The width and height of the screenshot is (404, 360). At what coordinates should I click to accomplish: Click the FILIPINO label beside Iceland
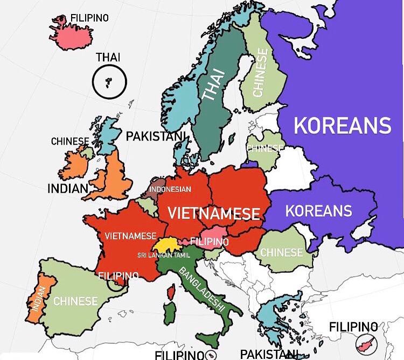[89, 18]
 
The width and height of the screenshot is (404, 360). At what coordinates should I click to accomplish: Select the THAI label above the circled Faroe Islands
[108, 57]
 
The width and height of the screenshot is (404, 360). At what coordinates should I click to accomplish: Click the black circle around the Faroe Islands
[109, 82]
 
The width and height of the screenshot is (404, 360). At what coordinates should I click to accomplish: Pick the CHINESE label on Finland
[260, 73]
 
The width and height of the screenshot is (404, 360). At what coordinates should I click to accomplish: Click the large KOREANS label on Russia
[342, 125]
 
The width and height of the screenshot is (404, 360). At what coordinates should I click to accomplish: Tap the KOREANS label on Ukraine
[318, 210]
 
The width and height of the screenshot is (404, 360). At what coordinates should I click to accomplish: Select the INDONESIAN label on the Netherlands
[170, 189]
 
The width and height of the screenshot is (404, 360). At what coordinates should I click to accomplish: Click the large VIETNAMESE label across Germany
[214, 213]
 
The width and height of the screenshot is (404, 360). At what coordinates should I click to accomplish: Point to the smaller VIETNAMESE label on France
[131, 236]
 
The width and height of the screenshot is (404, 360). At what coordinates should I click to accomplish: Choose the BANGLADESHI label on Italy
[201, 288]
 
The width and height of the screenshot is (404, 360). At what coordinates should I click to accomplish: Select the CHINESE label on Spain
[75, 301]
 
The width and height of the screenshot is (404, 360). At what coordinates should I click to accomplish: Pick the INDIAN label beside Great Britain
[67, 188]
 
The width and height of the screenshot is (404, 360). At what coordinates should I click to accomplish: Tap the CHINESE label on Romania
[282, 252]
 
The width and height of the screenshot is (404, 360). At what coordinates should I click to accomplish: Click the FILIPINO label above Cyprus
[353, 326]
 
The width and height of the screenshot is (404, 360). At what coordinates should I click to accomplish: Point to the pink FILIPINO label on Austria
[209, 242]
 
